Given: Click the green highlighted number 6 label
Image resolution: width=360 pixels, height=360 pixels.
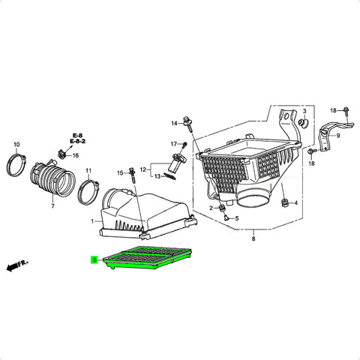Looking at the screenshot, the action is [x=94, y=259].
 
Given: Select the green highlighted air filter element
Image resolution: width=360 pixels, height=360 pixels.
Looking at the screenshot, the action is [x=148, y=257].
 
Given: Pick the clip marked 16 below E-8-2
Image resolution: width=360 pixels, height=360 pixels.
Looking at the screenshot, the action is [x=61, y=154].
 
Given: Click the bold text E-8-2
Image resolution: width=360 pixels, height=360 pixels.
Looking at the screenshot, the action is [x=77, y=141].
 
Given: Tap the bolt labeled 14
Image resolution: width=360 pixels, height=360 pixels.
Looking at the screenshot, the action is [x=188, y=124].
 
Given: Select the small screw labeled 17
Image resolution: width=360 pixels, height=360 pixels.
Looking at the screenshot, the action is [x=184, y=145].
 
